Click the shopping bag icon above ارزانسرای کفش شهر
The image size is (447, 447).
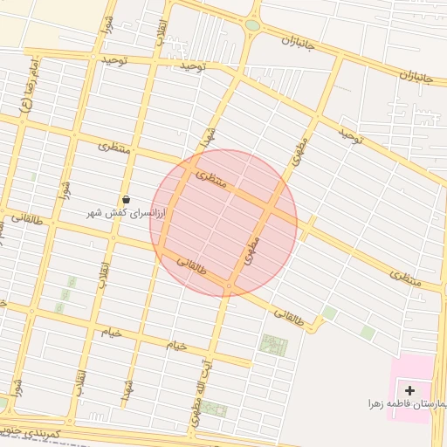point(127,200)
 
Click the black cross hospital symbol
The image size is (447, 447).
point(410,389)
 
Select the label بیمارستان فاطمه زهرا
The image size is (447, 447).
point(406,405)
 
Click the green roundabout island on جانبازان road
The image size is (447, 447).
point(252,25)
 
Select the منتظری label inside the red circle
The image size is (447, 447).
point(212,179)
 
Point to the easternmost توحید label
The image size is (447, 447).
point(350,135)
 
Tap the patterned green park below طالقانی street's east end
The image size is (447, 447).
point(272,344)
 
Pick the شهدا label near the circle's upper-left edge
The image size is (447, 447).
point(208,136)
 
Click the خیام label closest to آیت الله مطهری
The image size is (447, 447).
point(177,346)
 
